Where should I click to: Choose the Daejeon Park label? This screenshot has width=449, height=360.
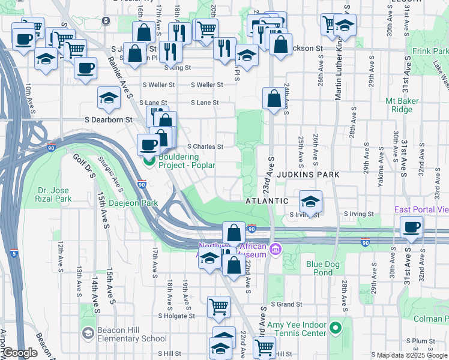[133, 203]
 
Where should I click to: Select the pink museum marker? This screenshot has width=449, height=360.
[276, 248]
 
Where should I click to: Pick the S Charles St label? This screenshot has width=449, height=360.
[205, 146]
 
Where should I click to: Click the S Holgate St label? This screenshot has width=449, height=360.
[176, 315]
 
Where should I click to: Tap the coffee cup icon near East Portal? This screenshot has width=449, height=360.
[412, 227]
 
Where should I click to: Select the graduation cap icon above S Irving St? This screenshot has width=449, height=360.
[310, 201]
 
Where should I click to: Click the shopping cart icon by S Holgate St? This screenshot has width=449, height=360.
[218, 307]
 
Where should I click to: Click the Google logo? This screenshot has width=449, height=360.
[20, 353]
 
